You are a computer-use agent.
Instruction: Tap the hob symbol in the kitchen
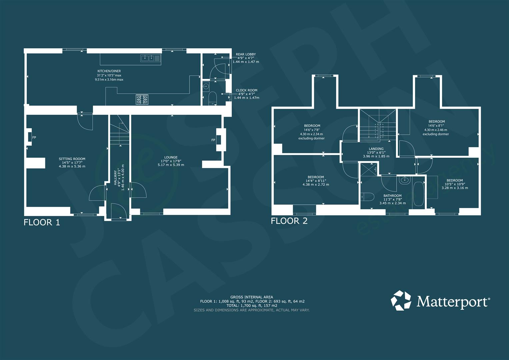(x=142, y=99)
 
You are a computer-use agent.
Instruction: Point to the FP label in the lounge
(x=213, y=140)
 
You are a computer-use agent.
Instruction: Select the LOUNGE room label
(x=171, y=157)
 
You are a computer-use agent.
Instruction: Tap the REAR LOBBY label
(x=246, y=54)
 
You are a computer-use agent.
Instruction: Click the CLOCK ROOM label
(x=246, y=90)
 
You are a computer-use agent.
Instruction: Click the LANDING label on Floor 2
(x=376, y=149)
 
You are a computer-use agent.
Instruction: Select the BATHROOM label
(x=392, y=196)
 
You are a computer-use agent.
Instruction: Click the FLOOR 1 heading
(x=42, y=222)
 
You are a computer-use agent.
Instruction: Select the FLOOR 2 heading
(x=289, y=221)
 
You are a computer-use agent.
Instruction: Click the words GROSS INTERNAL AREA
(x=252, y=297)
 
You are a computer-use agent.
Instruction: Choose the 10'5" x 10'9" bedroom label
(x=455, y=180)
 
